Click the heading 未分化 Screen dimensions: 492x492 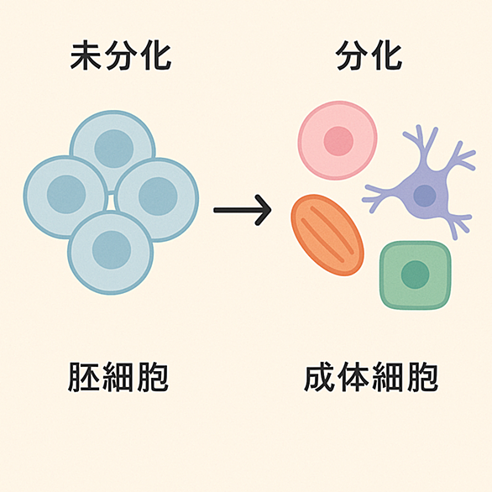pos(121,57)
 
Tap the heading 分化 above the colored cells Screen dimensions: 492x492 pos(369,57)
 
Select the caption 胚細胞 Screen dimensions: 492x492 pos(118,377)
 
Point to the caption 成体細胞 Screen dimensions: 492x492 pos(371,377)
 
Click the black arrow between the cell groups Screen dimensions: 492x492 pos(243,210)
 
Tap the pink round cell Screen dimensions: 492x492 pos(338,140)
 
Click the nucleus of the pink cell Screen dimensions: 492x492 pos(338,141)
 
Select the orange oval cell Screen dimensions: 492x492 pos(327,235)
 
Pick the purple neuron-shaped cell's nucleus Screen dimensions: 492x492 pos(425,196)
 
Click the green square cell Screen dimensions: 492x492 pos(416,275)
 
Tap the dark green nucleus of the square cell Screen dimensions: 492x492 pos(415,275)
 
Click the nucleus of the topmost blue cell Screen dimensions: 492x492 pos(114,149)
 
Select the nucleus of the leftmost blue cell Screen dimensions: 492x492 pos(66,194)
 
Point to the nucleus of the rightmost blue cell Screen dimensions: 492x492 pos(158,196)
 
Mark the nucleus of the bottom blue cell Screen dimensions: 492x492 pos(112,249)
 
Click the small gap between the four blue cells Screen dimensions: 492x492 pos(111,202)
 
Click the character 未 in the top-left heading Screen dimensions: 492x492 pos(86,57)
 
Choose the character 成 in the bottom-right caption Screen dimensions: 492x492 pos(319,377)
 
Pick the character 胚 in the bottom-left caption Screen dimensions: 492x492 pos(83,377)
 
